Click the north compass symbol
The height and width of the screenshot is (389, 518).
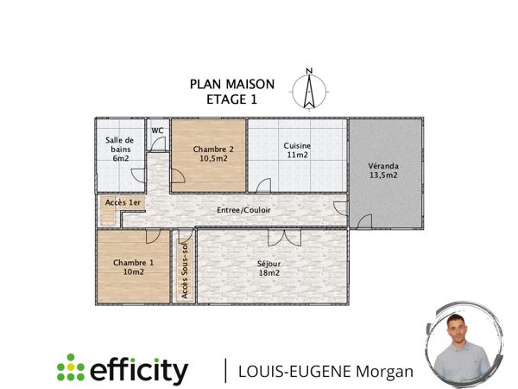point(308,87)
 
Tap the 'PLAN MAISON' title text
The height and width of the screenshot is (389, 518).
point(232,85)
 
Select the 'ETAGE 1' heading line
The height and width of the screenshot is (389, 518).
point(232,99)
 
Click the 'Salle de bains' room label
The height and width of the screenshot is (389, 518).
point(120,144)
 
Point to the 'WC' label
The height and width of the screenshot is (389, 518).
point(158,131)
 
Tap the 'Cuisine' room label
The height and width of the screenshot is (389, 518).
point(297,146)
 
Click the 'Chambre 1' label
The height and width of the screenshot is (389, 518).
point(133,263)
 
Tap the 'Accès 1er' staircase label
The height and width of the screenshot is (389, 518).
point(123,202)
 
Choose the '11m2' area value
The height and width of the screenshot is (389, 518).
point(297,156)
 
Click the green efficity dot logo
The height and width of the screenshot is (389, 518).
point(71,370)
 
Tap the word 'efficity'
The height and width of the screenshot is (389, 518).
point(139,370)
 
